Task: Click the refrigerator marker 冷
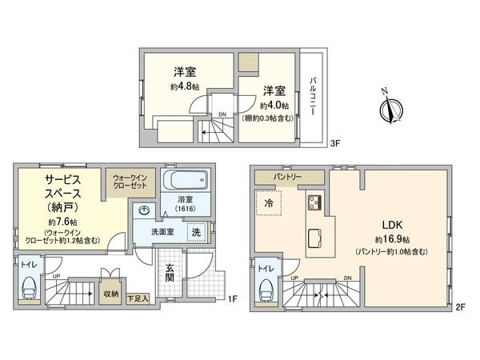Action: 268,204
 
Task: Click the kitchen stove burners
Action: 313,201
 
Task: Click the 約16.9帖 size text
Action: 391,238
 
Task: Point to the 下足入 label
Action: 138,298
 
